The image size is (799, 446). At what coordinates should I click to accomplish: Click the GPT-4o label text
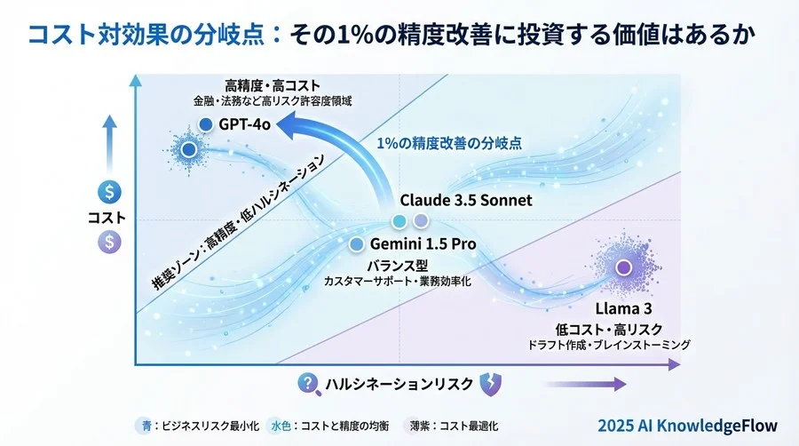[x=243, y=124]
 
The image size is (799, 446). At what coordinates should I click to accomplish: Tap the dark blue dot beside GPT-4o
[x=206, y=124]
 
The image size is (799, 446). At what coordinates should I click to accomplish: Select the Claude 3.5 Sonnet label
[x=466, y=200]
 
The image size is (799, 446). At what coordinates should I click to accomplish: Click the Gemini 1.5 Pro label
[x=423, y=243]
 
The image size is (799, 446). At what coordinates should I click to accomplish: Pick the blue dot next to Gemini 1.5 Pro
[x=357, y=243]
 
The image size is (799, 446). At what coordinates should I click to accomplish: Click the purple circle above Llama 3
[x=624, y=267]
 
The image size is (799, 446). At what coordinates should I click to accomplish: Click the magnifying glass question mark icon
[x=308, y=383]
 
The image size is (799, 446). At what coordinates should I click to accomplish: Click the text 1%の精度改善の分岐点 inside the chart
[x=448, y=143]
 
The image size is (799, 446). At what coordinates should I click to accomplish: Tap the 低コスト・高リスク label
[x=630, y=326]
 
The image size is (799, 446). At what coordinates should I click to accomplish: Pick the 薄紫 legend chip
[x=417, y=426]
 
